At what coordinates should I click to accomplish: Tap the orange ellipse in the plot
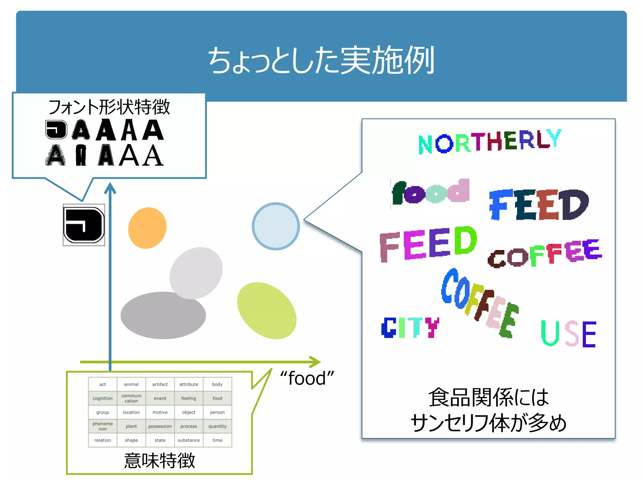(147, 228)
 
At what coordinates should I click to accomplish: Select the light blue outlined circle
(276, 226)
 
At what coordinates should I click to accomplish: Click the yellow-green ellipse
(267, 310)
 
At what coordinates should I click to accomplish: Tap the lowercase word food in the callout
(430, 192)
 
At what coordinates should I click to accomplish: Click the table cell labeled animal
(131, 384)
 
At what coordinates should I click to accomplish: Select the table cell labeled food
(217, 398)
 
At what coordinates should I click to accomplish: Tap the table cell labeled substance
(189, 440)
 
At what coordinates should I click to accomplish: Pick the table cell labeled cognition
(103, 398)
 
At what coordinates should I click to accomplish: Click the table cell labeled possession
(160, 426)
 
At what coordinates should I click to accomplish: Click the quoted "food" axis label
(307, 378)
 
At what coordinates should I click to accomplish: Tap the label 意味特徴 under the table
(159, 461)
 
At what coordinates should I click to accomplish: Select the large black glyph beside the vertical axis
(84, 225)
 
